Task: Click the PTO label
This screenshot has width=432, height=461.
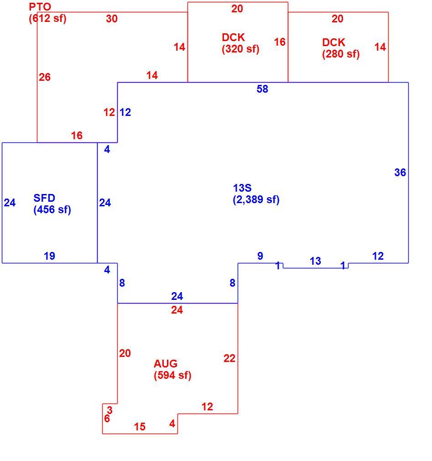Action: click(40, 7)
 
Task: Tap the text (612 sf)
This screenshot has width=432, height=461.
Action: click(47, 19)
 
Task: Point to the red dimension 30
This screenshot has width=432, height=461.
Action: click(112, 19)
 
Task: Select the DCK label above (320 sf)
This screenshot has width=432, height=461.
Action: click(234, 37)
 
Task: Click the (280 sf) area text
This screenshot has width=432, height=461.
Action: click(341, 54)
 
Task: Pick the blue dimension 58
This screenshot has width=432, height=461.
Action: click(262, 89)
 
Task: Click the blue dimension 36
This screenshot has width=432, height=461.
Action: click(400, 172)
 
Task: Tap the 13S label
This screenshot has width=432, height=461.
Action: click(242, 188)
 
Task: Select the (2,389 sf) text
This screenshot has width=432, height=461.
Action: click(256, 199)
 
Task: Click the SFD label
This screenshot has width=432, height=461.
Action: click(44, 198)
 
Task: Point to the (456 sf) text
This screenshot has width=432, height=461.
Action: click(52, 210)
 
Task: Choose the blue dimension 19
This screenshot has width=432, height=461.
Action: click(49, 256)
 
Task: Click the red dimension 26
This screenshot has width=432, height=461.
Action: click(45, 77)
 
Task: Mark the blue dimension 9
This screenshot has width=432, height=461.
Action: click(260, 256)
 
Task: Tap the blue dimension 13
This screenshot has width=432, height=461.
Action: click(315, 261)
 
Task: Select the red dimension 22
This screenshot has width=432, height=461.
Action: click(229, 358)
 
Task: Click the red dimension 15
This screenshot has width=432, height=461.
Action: click(140, 427)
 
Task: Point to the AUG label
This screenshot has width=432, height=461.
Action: click(166, 364)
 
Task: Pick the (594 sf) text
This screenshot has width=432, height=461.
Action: click(172, 375)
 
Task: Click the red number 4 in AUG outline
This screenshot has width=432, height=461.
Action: click(172, 424)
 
